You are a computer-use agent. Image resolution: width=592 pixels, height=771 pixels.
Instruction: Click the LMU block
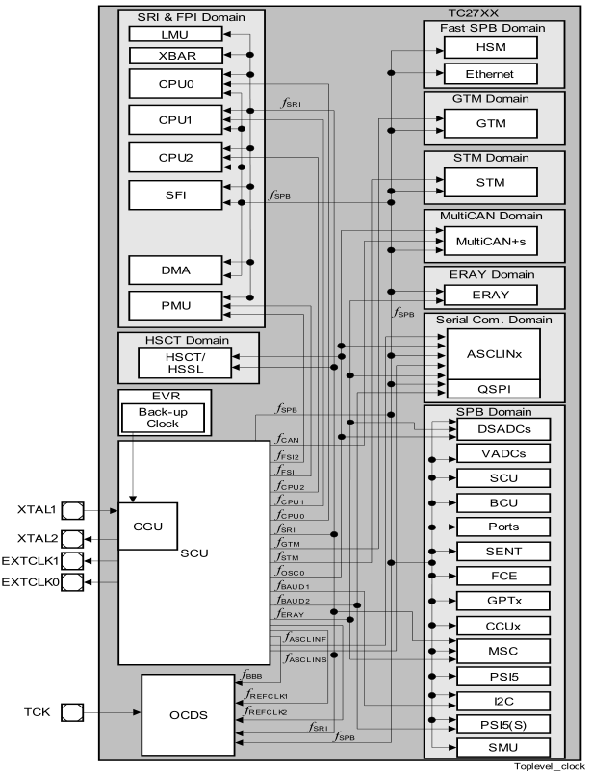pos(175,34)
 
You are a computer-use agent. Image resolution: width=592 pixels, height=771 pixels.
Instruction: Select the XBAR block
pos(175,55)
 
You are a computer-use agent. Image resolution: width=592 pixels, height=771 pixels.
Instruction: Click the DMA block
pos(175,270)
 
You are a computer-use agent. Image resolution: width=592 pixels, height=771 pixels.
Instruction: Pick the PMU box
pos(175,307)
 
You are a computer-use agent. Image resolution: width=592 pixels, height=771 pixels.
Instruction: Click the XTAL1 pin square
pos(72,508)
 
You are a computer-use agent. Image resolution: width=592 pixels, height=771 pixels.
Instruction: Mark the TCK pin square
pos(72,713)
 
